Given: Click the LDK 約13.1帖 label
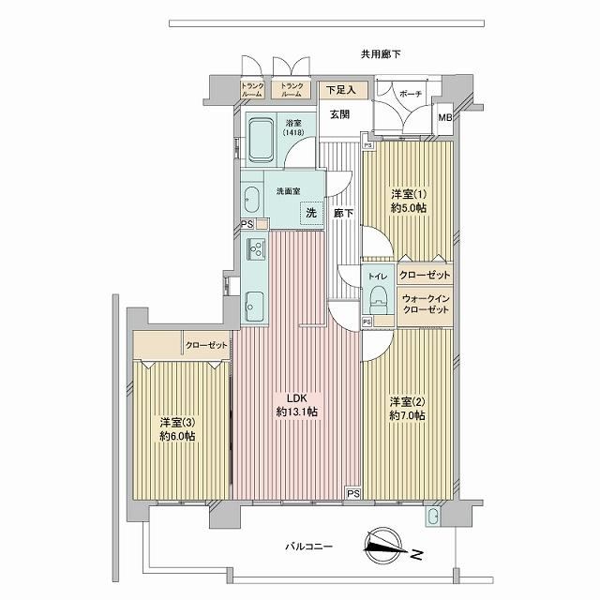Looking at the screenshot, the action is pos(297,405).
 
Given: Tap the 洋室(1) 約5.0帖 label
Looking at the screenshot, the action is pos(409,201).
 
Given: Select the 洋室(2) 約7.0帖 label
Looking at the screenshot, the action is pos(407,409).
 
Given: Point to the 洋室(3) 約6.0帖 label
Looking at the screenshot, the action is pos(177,429).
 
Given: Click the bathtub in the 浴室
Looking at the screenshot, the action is pos(262,140).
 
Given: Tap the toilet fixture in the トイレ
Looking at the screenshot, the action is pos(378,299).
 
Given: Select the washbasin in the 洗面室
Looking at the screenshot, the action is pos(251,199).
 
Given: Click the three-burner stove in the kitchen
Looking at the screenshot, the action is pos(256,247).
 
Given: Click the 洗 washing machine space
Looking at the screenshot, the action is pos(311,213).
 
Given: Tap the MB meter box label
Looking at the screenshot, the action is pos(444,117).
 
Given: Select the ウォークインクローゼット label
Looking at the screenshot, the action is pos(426,304).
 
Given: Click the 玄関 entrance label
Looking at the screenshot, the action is pos(339,114).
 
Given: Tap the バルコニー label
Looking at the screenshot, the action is pos(309,546).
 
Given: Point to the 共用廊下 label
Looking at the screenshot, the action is pos(381,54).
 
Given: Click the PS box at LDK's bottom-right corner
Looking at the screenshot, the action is pos(354,494).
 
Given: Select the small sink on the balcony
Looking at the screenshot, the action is pos(433,517).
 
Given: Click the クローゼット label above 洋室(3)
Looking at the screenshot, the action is pos(206,345).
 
